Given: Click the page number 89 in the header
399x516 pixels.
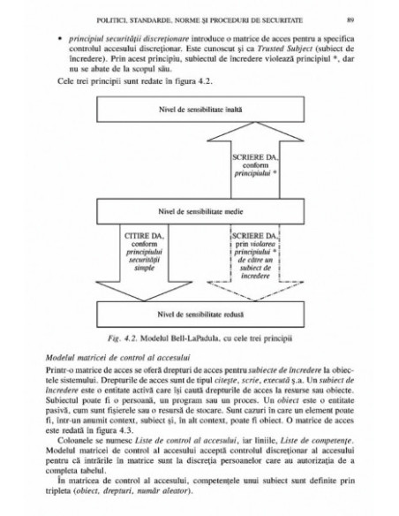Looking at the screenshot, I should (x=350, y=16).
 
